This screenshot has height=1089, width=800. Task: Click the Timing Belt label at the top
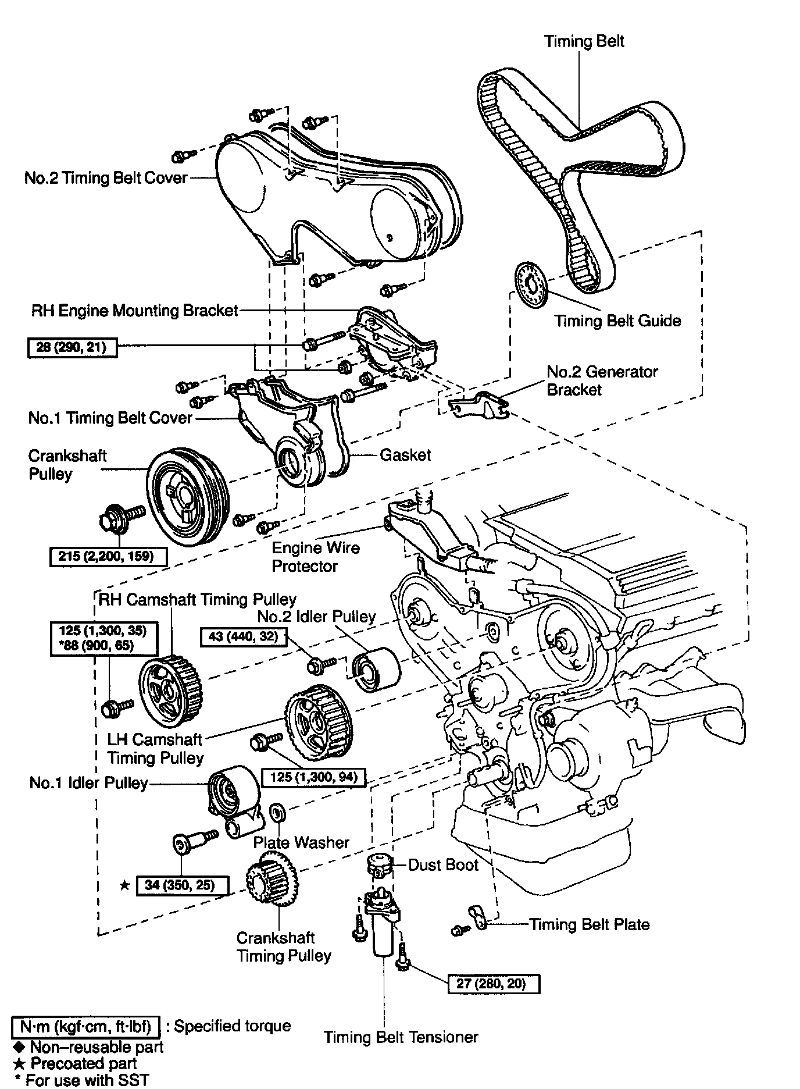[584, 41]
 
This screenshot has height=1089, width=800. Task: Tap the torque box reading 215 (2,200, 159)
[109, 556]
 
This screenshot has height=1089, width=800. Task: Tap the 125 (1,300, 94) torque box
[314, 776]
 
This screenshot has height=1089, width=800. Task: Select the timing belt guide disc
[532, 290]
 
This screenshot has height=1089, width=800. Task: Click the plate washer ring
[278, 811]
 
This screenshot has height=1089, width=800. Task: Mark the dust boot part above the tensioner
[379, 866]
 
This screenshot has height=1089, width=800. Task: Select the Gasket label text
[405, 455]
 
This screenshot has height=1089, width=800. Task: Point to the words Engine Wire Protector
[316, 557]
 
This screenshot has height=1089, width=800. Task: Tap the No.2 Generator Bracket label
[602, 380]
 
